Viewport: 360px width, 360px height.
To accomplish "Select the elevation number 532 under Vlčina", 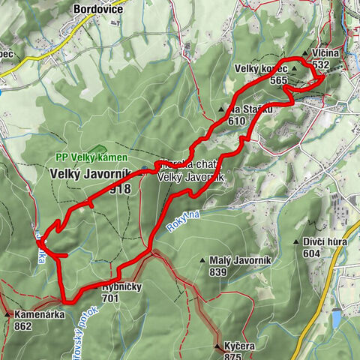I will (x=324, y=65).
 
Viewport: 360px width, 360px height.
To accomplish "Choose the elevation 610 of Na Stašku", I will (x=237, y=119).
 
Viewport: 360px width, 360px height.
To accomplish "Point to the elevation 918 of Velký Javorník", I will (x=118, y=189).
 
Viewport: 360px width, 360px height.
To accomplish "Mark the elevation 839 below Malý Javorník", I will (x=217, y=271).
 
